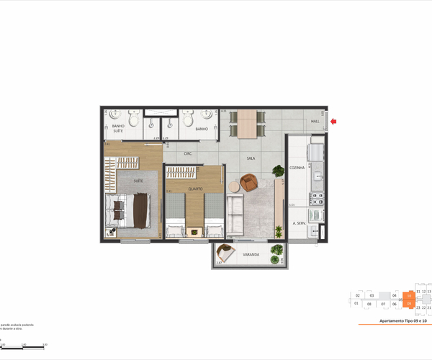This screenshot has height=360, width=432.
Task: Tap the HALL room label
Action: (x=315, y=122)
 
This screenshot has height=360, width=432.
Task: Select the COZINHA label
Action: (x=297, y=168)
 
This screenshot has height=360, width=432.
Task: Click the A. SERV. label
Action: (x=300, y=223)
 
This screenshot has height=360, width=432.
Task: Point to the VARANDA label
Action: (x=251, y=254)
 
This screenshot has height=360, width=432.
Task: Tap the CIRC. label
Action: (x=188, y=153)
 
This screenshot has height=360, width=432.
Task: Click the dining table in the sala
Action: (x=247, y=123)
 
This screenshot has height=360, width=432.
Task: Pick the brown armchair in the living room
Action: (x=249, y=183)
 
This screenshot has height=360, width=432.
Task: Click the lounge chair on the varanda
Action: (x=228, y=252)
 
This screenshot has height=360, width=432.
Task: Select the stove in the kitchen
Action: (x=315, y=153)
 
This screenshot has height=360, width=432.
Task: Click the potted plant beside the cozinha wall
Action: (x=279, y=171)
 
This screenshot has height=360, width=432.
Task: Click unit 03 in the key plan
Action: (x=371, y=295)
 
